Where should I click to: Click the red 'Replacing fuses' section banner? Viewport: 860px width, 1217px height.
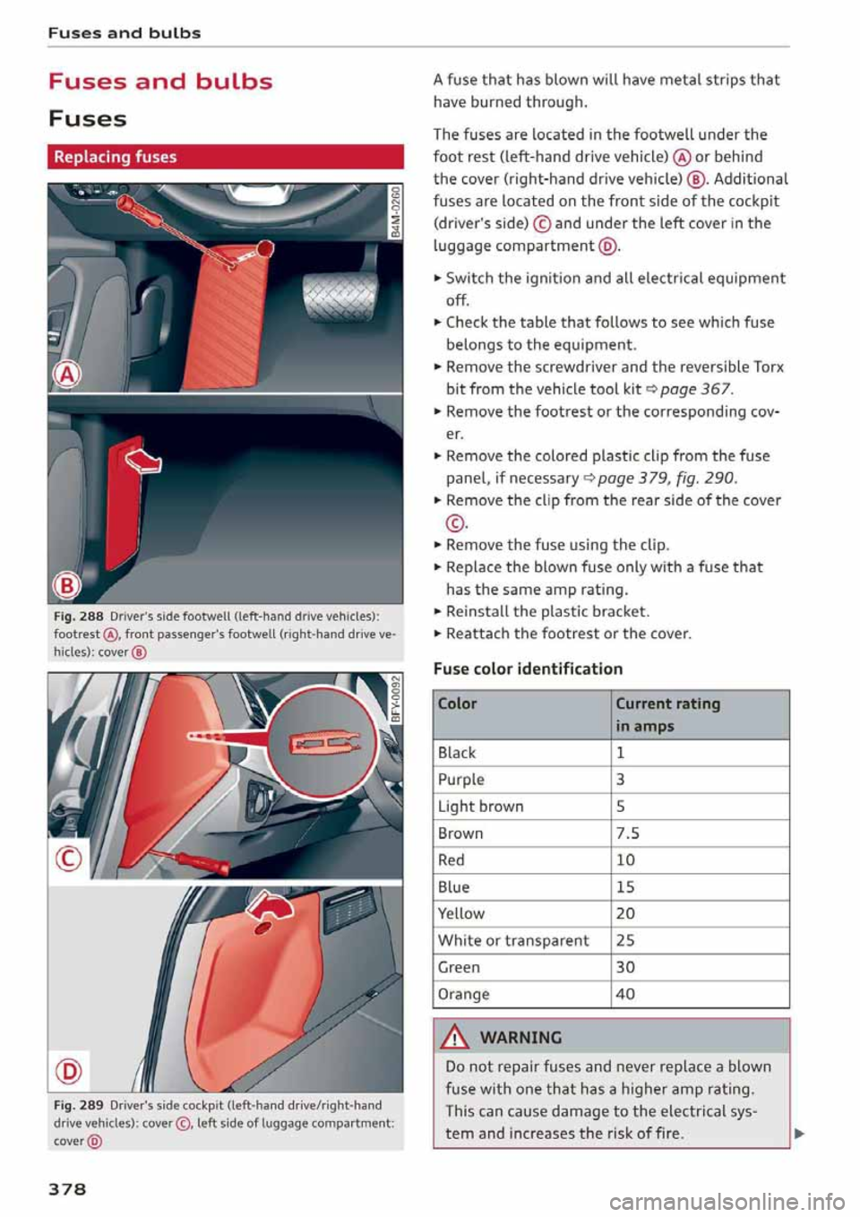click(226, 157)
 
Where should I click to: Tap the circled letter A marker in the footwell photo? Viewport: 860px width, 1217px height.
click(67, 375)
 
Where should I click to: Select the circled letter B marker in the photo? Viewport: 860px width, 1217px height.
click(67, 585)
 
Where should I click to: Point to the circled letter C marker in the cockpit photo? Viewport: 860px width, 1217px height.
click(69, 859)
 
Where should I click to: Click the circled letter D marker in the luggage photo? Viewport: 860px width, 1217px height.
click(69, 1071)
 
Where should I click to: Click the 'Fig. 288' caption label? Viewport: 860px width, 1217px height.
click(79, 617)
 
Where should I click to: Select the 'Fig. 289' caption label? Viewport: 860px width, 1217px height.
click(79, 1106)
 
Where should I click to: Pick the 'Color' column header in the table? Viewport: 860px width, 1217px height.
click(458, 704)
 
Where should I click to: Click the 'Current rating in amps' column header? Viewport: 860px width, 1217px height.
click(667, 714)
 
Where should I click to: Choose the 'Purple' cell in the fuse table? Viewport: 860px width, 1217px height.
click(461, 780)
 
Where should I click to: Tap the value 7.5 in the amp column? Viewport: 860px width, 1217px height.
click(628, 833)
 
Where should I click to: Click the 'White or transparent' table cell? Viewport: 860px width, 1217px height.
click(513, 941)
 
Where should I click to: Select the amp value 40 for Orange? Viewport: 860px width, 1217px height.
click(625, 995)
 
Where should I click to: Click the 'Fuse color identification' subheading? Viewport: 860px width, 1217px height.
click(528, 669)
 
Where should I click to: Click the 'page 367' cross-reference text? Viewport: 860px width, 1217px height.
click(695, 389)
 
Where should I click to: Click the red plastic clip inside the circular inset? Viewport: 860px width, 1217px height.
click(322, 743)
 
